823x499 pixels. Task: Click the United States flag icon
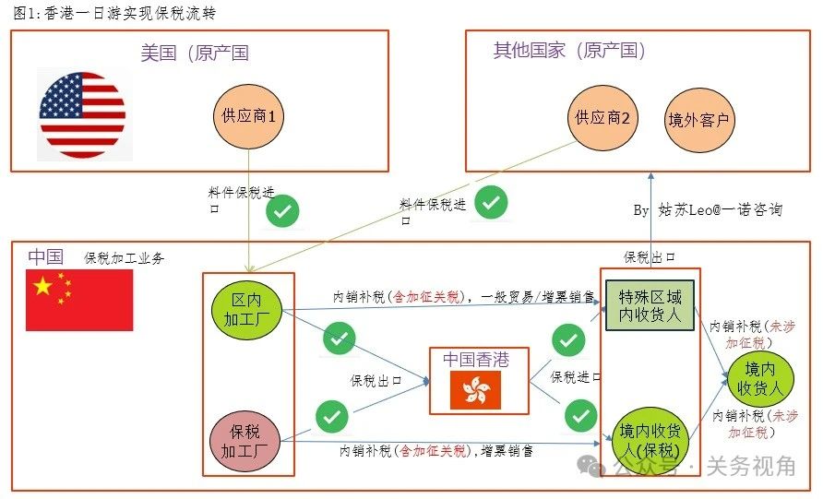click(82, 115)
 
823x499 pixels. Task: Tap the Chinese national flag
click(79, 300)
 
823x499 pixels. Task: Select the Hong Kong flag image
click(475, 390)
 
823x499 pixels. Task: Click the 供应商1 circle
click(248, 116)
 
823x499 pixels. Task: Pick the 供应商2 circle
click(602, 118)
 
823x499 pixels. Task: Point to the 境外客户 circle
click(699, 120)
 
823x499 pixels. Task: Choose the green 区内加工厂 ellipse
click(246, 310)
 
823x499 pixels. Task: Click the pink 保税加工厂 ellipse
click(245, 441)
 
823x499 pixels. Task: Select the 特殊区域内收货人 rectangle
click(650, 305)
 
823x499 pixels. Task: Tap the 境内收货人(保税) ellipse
click(650, 440)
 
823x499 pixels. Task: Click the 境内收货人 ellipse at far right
click(760, 379)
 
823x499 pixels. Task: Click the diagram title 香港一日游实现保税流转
click(131, 13)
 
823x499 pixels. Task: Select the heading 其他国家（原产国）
click(569, 51)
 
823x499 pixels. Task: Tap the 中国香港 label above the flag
click(476, 360)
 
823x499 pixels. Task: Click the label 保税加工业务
click(125, 258)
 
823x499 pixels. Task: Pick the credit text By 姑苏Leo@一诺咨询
click(708, 210)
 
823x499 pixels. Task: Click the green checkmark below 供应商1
click(282, 211)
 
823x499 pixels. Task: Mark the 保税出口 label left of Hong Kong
click(376, 380)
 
